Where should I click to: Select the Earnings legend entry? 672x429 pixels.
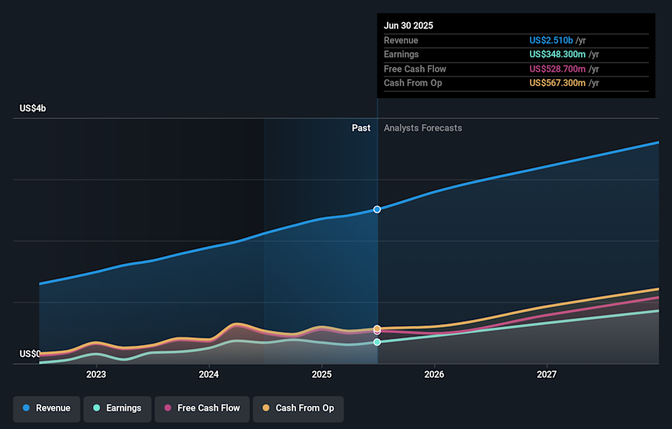(117, 408)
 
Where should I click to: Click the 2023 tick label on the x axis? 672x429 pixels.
(96, 374)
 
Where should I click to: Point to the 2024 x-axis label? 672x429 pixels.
(209, 374)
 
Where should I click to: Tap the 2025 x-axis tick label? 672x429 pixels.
(321, 374)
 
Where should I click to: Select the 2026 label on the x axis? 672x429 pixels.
(434, 374)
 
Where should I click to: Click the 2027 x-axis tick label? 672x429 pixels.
(547, 374)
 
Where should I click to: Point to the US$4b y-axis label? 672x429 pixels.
(32, 108)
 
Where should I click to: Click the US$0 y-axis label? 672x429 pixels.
(29, 353)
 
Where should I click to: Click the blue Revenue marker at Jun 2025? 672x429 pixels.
(377, 209)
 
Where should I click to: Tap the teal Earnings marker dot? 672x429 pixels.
(377, 342)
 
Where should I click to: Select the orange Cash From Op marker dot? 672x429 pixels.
(377, 328)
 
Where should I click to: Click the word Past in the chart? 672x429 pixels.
(360, 128)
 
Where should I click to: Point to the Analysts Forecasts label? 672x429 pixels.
(423, 128)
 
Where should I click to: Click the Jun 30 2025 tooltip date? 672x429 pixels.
(408, 26)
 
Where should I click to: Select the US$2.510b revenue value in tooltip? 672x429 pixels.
(551, 41)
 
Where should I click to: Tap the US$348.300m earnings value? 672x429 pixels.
(557, 55)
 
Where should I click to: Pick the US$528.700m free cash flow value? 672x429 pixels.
(557, 69)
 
